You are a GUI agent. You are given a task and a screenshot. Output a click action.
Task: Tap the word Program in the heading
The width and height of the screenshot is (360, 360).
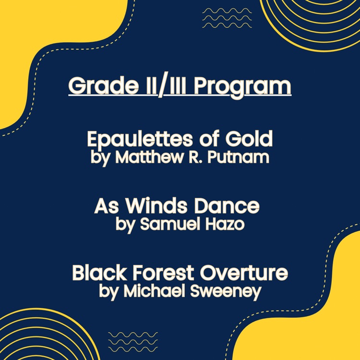pyautogui.click(x=242, y=88)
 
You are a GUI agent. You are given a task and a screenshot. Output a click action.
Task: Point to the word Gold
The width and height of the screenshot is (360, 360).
pyautogui.click(x=249, y=138)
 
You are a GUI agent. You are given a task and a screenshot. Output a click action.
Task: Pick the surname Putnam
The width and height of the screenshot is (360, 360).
pyautogui.click(x=238, y=157)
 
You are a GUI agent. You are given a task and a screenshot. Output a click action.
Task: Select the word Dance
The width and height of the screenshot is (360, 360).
pyautogui.click(x=227, y=206)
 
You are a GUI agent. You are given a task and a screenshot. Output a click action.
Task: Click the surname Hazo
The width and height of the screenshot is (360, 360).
pyautogui.click(x=225, y=224)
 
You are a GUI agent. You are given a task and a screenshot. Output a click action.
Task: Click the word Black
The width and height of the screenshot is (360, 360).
pyautogui.click(x=99, y=273)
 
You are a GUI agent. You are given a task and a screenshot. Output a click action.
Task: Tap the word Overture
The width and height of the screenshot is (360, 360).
pyautogui.click(x=243, y=273)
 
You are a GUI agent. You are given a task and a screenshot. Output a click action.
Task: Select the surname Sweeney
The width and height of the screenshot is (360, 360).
pyautogui.click(x=226, y=292)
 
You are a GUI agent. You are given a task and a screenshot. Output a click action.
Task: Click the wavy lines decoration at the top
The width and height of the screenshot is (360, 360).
pyautogui.click(x=227, y=18)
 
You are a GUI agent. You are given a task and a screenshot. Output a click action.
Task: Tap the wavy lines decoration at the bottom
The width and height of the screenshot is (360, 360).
pyautogui.click(x=133, y=342)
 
